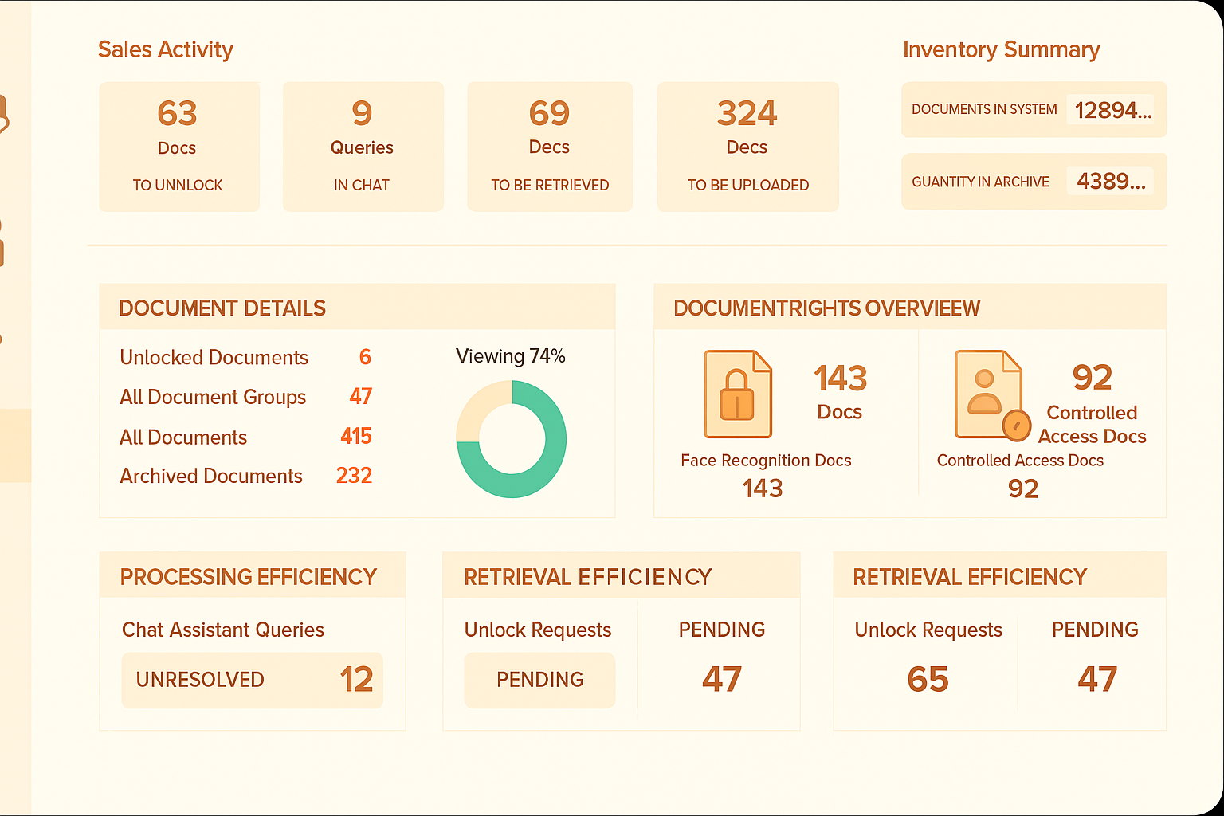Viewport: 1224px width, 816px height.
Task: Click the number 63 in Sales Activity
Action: coord(177,113)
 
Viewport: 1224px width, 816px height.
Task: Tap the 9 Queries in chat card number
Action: coord(362,113)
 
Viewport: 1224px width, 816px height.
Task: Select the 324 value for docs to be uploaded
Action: coord(747,113)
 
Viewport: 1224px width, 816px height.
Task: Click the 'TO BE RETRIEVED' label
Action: coord(550,185)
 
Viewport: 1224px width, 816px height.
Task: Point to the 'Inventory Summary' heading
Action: coord(1001,49)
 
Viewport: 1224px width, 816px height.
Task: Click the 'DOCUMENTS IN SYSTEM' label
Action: coord(984,109)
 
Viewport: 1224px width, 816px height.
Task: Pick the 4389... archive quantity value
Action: coord(1111,182)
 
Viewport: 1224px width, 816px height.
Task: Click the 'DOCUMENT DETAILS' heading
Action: coord(222,308)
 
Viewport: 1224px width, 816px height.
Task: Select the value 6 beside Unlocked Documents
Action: coord(365,357)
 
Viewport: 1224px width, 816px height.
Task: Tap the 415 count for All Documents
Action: coord(356,436)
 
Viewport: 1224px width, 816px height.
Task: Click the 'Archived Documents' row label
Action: coord(211,476)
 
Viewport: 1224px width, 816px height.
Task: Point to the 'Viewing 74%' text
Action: coord(511,356)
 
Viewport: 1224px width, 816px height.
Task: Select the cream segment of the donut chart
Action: coord(475,406)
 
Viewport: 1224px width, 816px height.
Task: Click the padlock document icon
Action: coord(738,394)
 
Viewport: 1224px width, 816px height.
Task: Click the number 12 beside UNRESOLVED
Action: coord(356,680)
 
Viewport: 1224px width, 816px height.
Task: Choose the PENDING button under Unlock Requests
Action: coord(539,680)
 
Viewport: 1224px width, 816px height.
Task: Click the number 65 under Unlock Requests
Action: coord(928,680)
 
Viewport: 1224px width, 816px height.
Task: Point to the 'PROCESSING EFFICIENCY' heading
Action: coord(249,577)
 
